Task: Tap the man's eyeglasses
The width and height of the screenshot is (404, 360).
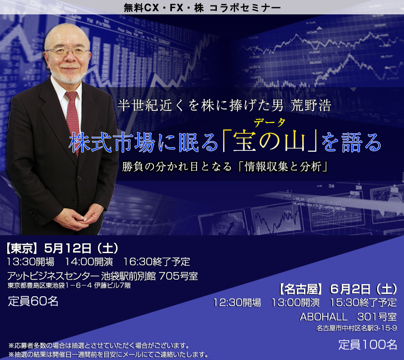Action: [x=67, y=51]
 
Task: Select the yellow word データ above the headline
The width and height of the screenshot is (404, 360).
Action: [x=269, y=123]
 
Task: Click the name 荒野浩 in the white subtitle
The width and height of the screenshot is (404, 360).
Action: [x=311, y=105]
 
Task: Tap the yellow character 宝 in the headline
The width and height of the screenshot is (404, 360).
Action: [x=245, y=142]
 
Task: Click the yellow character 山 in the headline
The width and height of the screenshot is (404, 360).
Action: [x=295, y=142]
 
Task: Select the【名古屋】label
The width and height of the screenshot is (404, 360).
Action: [x=301, y=289]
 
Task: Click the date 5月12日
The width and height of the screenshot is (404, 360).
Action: [x=68, y=248]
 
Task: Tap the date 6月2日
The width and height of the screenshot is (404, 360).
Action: [x=351, y=289]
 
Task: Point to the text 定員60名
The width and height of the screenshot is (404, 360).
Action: [x=33, y=301]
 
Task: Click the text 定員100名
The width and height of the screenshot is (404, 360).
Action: [x=368, y=345]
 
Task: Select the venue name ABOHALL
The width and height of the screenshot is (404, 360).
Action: [x=324, y=317]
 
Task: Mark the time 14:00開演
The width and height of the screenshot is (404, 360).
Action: [x=89, y=262]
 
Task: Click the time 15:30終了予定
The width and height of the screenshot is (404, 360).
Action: [x=363, y=303]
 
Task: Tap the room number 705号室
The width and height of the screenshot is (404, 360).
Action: [x=178, y=276]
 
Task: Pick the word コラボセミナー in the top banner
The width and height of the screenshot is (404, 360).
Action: [x=245, y=8]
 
